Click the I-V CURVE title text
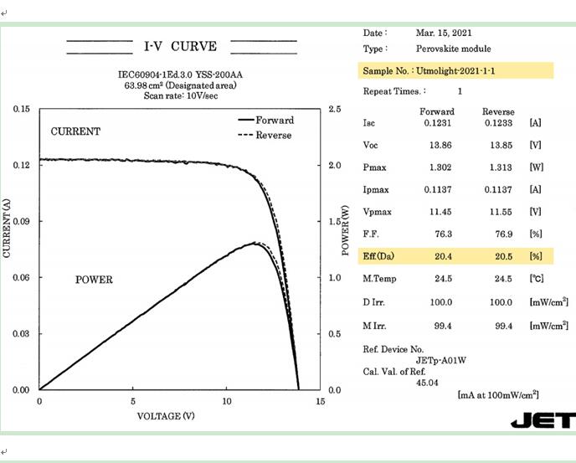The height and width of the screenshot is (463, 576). coord(181,45)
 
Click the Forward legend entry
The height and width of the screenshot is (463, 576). coord(275,121)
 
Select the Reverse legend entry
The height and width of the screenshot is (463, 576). coord(274,136)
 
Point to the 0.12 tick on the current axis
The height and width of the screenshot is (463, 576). coord(22,165)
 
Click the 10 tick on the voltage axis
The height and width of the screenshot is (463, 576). coord(227,401)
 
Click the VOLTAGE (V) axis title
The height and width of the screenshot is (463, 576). coord(166,415)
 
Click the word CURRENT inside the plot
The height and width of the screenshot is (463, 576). coord(75,132)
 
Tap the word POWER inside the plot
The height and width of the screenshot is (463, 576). coord(94,280)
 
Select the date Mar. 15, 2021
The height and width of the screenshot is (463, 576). coord(444,33)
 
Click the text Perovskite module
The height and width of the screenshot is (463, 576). coord(453,49)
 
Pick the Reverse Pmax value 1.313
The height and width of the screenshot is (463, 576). coord(498,167)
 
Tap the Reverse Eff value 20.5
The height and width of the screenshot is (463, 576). coord(498,255)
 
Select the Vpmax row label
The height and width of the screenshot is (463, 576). coord(377,212)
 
